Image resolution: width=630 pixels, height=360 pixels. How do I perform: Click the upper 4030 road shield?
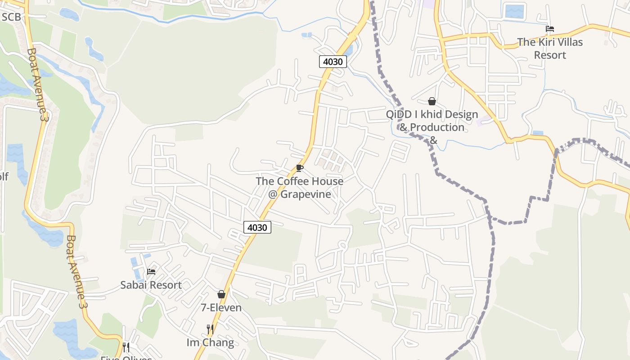(333, 62)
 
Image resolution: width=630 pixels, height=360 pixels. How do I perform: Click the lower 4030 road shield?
(257, 227)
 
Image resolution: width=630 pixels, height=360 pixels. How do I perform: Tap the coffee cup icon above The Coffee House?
(300, 168)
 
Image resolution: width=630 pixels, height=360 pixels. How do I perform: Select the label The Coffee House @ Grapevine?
(300, 188)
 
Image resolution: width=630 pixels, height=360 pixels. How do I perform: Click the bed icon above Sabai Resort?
(151, 272)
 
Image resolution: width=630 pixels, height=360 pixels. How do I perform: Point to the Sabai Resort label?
(151, 285)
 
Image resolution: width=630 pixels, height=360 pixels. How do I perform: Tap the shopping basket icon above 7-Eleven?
(221, 294)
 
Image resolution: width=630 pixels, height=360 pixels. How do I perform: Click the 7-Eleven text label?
(221, 308)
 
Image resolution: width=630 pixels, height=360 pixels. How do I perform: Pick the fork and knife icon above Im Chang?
(210, 329)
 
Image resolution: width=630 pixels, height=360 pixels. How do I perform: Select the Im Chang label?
(210, 342)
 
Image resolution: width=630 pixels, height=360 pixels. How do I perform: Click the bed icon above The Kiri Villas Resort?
(549, 29)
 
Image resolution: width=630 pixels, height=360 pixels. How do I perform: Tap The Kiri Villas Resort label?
(549, 48)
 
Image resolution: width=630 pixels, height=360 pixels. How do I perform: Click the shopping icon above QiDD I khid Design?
(432, 101)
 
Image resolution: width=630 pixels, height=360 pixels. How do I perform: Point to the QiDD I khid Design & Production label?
(432, 121)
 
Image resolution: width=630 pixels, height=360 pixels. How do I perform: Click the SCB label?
(12, 17)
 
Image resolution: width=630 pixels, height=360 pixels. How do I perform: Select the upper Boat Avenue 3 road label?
(38, 84)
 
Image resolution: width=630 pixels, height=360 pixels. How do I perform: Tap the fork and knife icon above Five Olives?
(126, 347)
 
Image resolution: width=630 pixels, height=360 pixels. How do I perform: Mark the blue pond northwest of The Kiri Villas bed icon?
(515, 11)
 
